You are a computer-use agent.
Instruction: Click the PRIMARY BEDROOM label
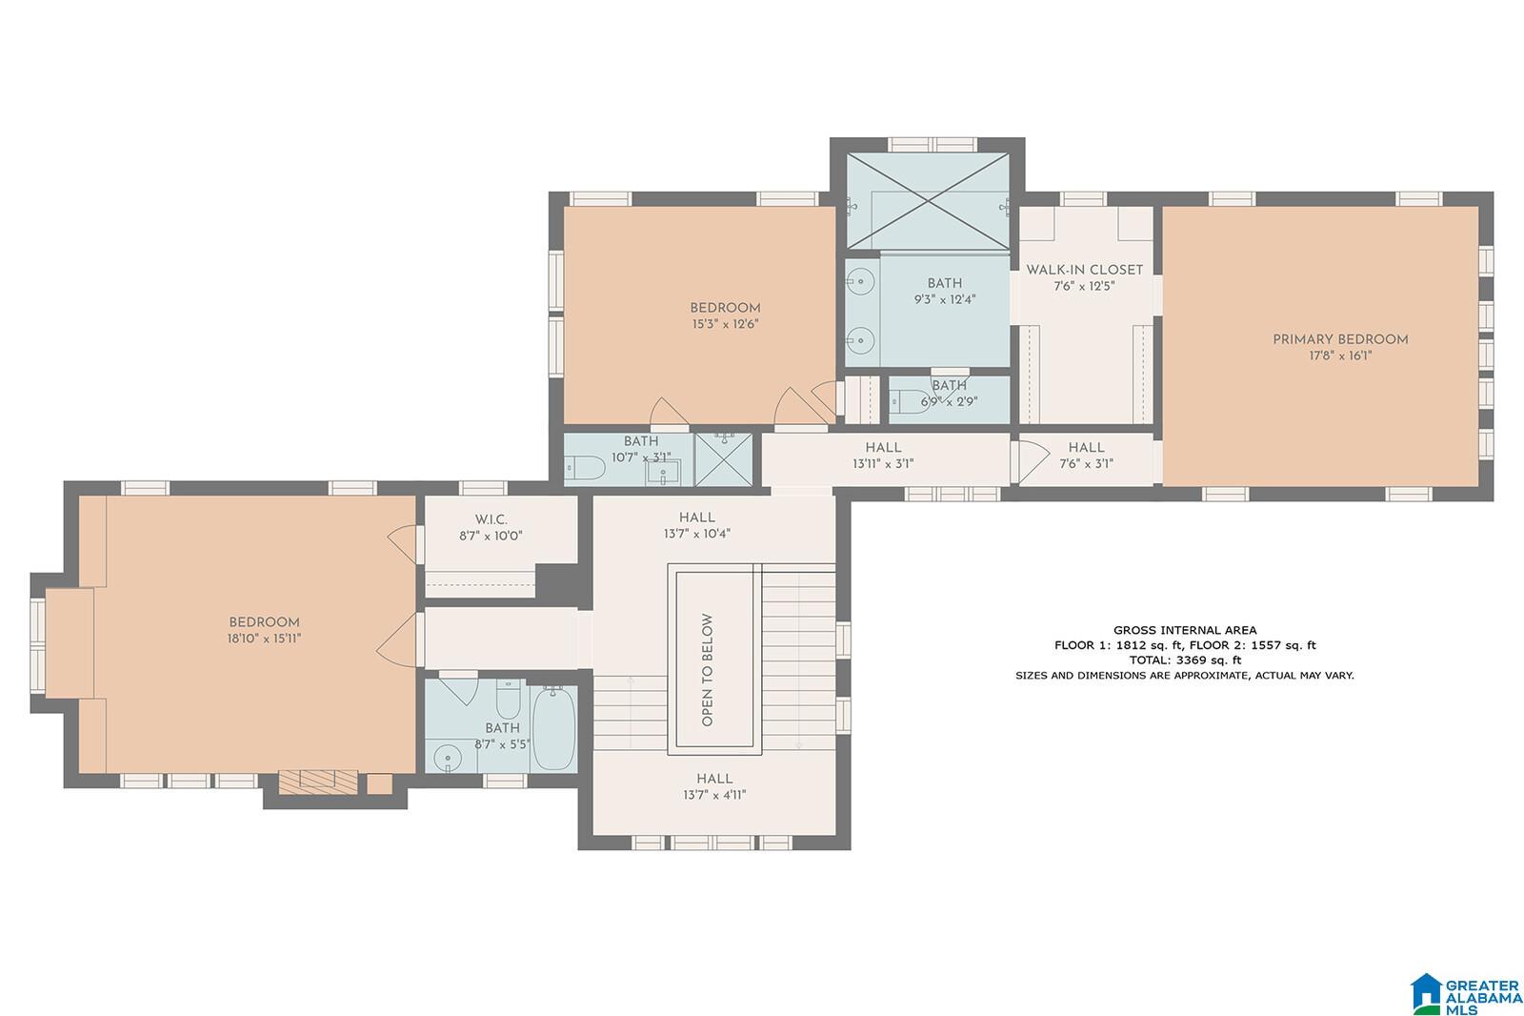[1340, 339]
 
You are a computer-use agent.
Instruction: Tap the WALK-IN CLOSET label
[1085, 270]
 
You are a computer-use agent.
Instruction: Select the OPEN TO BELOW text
[708, 670]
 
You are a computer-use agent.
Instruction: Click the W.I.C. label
[491, 519]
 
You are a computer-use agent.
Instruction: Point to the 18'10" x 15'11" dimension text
[264, 639]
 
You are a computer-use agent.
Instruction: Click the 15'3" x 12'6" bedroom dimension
[725, 324]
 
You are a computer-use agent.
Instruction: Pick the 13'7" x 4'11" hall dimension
[715, 795]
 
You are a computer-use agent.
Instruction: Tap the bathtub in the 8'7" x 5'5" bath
[553, 728]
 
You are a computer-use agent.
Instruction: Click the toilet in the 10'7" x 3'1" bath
[585, 468]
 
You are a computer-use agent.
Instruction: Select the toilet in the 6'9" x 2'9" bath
[909, 402]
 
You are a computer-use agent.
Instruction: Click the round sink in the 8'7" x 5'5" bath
[448, 757]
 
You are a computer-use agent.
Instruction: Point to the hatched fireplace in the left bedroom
[318, 782]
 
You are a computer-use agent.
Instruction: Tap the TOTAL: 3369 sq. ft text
[1185, 660]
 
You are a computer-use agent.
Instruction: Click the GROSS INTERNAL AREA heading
[1185, 630]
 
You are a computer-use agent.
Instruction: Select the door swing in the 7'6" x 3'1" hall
[1033, 461]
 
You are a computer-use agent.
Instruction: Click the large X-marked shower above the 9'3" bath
[928, 201]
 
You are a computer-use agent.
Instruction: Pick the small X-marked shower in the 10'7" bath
[723, 459]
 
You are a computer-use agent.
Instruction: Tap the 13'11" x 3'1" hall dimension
[883, 464]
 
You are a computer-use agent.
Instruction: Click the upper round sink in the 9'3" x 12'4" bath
[861, 280]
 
